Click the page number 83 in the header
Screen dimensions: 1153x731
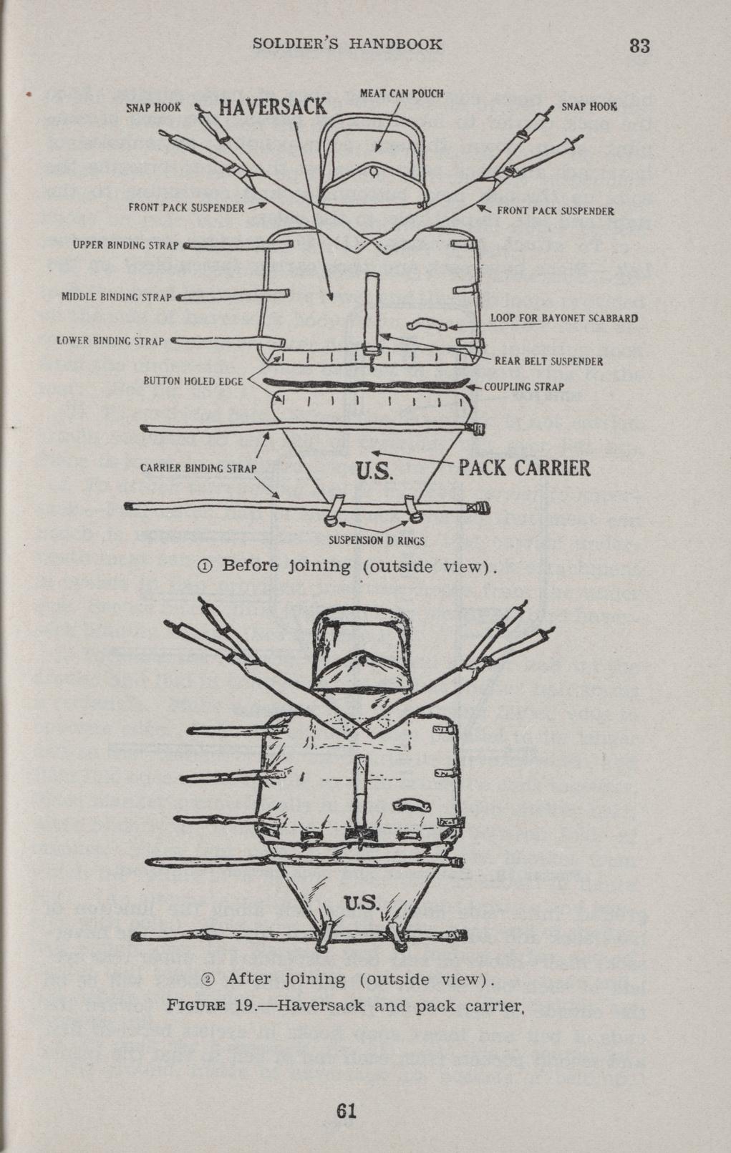[639, 46]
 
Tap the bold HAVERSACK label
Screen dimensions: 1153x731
[272, 108]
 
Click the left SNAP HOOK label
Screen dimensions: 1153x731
[154, 107]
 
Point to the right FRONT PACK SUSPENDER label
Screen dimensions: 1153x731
[555, 211]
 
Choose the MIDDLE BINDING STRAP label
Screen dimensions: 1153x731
[117, 296]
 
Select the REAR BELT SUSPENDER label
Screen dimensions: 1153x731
[548, 361]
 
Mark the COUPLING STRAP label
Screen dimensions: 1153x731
[524, 387]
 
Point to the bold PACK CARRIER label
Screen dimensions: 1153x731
[524, 469]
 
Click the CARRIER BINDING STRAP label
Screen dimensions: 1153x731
[198, 470]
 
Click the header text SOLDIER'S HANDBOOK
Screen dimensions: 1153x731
[348, 44]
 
